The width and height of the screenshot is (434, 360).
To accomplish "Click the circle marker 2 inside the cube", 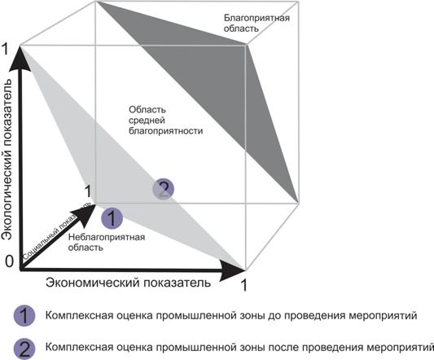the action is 164,189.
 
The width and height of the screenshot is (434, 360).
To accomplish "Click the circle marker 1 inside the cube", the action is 112,218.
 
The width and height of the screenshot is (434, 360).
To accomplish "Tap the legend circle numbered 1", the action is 24,316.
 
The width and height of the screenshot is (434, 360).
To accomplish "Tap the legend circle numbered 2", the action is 24,349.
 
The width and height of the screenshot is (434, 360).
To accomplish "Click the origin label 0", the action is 9,261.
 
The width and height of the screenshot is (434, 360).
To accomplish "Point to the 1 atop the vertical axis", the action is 6,49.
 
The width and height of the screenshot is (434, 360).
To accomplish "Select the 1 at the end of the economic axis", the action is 243,285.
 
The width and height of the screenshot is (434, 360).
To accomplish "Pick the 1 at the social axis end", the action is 88,191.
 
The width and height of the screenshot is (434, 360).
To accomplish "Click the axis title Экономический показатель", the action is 128,283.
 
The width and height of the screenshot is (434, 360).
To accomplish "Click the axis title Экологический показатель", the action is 7,160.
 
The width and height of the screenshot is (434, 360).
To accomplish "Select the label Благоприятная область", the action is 256,24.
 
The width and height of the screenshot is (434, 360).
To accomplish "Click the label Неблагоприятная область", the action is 107,242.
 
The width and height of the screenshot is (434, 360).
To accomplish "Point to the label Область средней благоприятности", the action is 166,121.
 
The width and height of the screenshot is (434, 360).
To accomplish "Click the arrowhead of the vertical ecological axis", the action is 20,59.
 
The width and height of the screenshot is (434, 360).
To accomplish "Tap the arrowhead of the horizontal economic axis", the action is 233,270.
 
